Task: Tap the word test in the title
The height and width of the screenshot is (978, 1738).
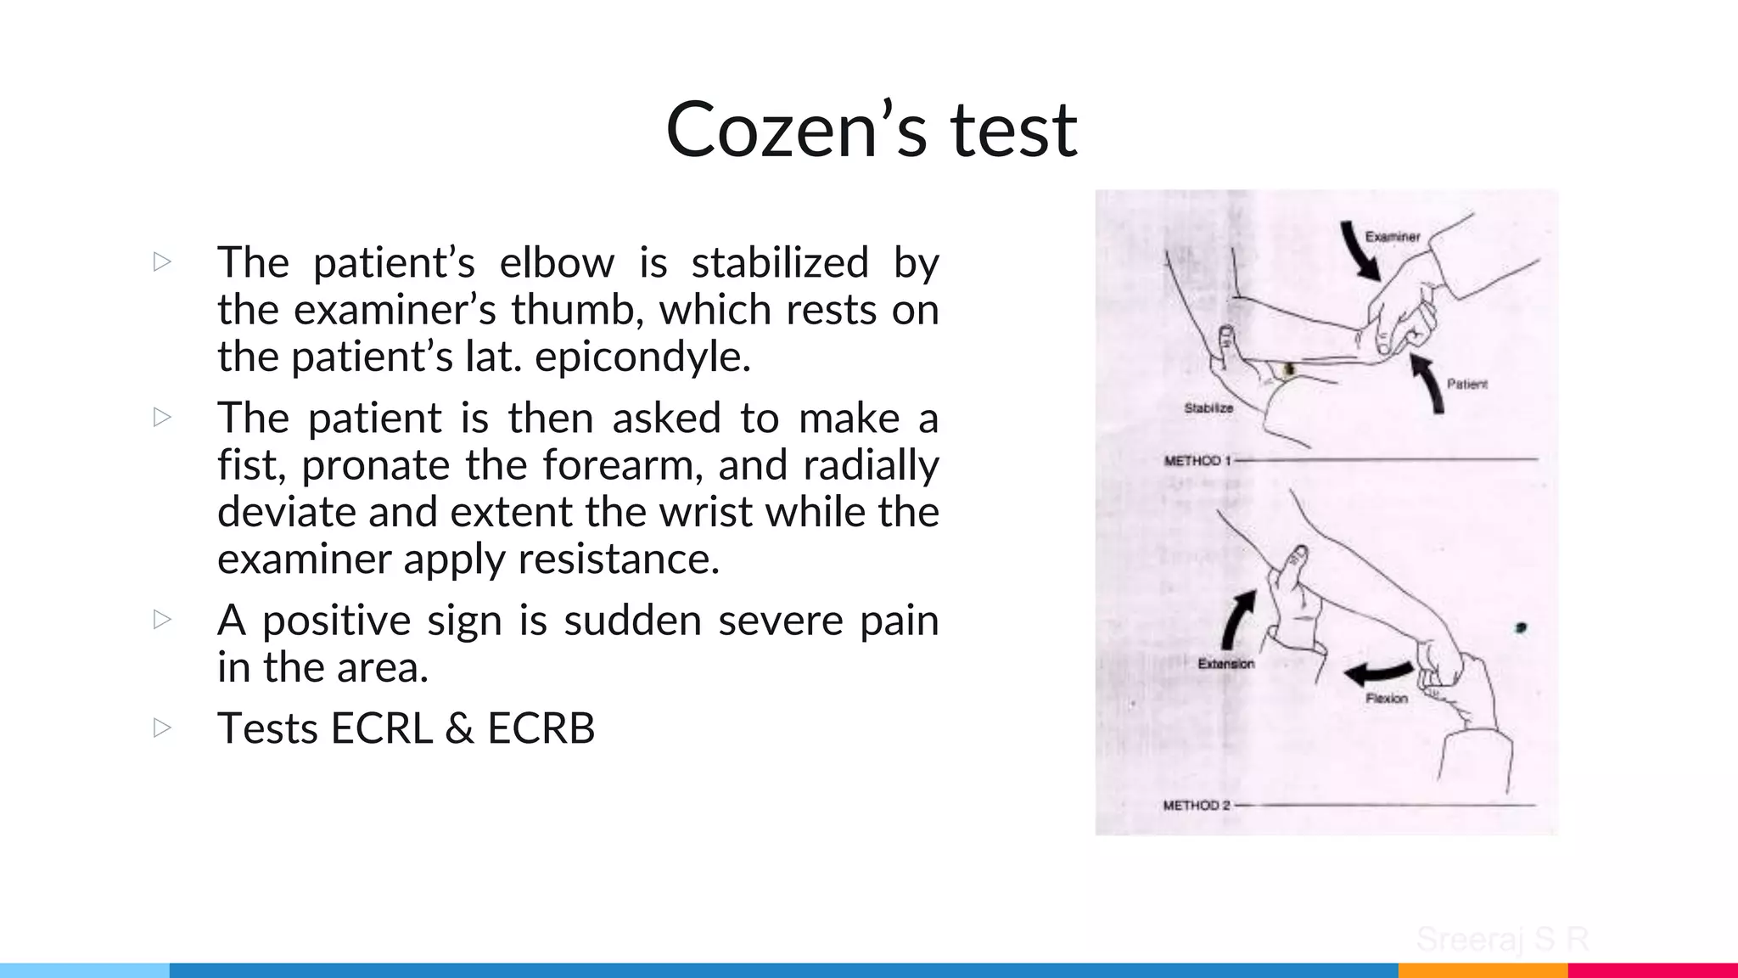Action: pos(1014,130)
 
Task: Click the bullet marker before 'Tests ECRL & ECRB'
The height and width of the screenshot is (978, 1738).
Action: pos(162,728)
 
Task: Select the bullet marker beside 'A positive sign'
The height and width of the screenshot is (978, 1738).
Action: pos(162,620)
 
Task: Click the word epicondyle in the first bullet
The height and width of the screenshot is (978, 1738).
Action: pos(642,357)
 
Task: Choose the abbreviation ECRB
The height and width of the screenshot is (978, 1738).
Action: pos(541,728)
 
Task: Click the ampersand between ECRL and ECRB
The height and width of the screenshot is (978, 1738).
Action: pos(459,728)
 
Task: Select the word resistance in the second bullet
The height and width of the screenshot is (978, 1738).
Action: pos(619,559)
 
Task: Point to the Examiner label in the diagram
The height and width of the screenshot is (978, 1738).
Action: pos(1393,237)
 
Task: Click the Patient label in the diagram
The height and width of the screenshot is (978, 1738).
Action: pos(1467,384)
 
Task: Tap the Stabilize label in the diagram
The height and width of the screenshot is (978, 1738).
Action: pos(1208,408)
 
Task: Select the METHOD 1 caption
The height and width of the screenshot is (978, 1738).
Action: pos(1197,461)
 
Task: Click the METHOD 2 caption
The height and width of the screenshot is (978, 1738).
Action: pos(1196,805)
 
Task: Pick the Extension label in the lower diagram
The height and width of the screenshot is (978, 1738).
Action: pos(1225,664)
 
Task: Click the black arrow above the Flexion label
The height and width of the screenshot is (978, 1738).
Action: pos(1378,673)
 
